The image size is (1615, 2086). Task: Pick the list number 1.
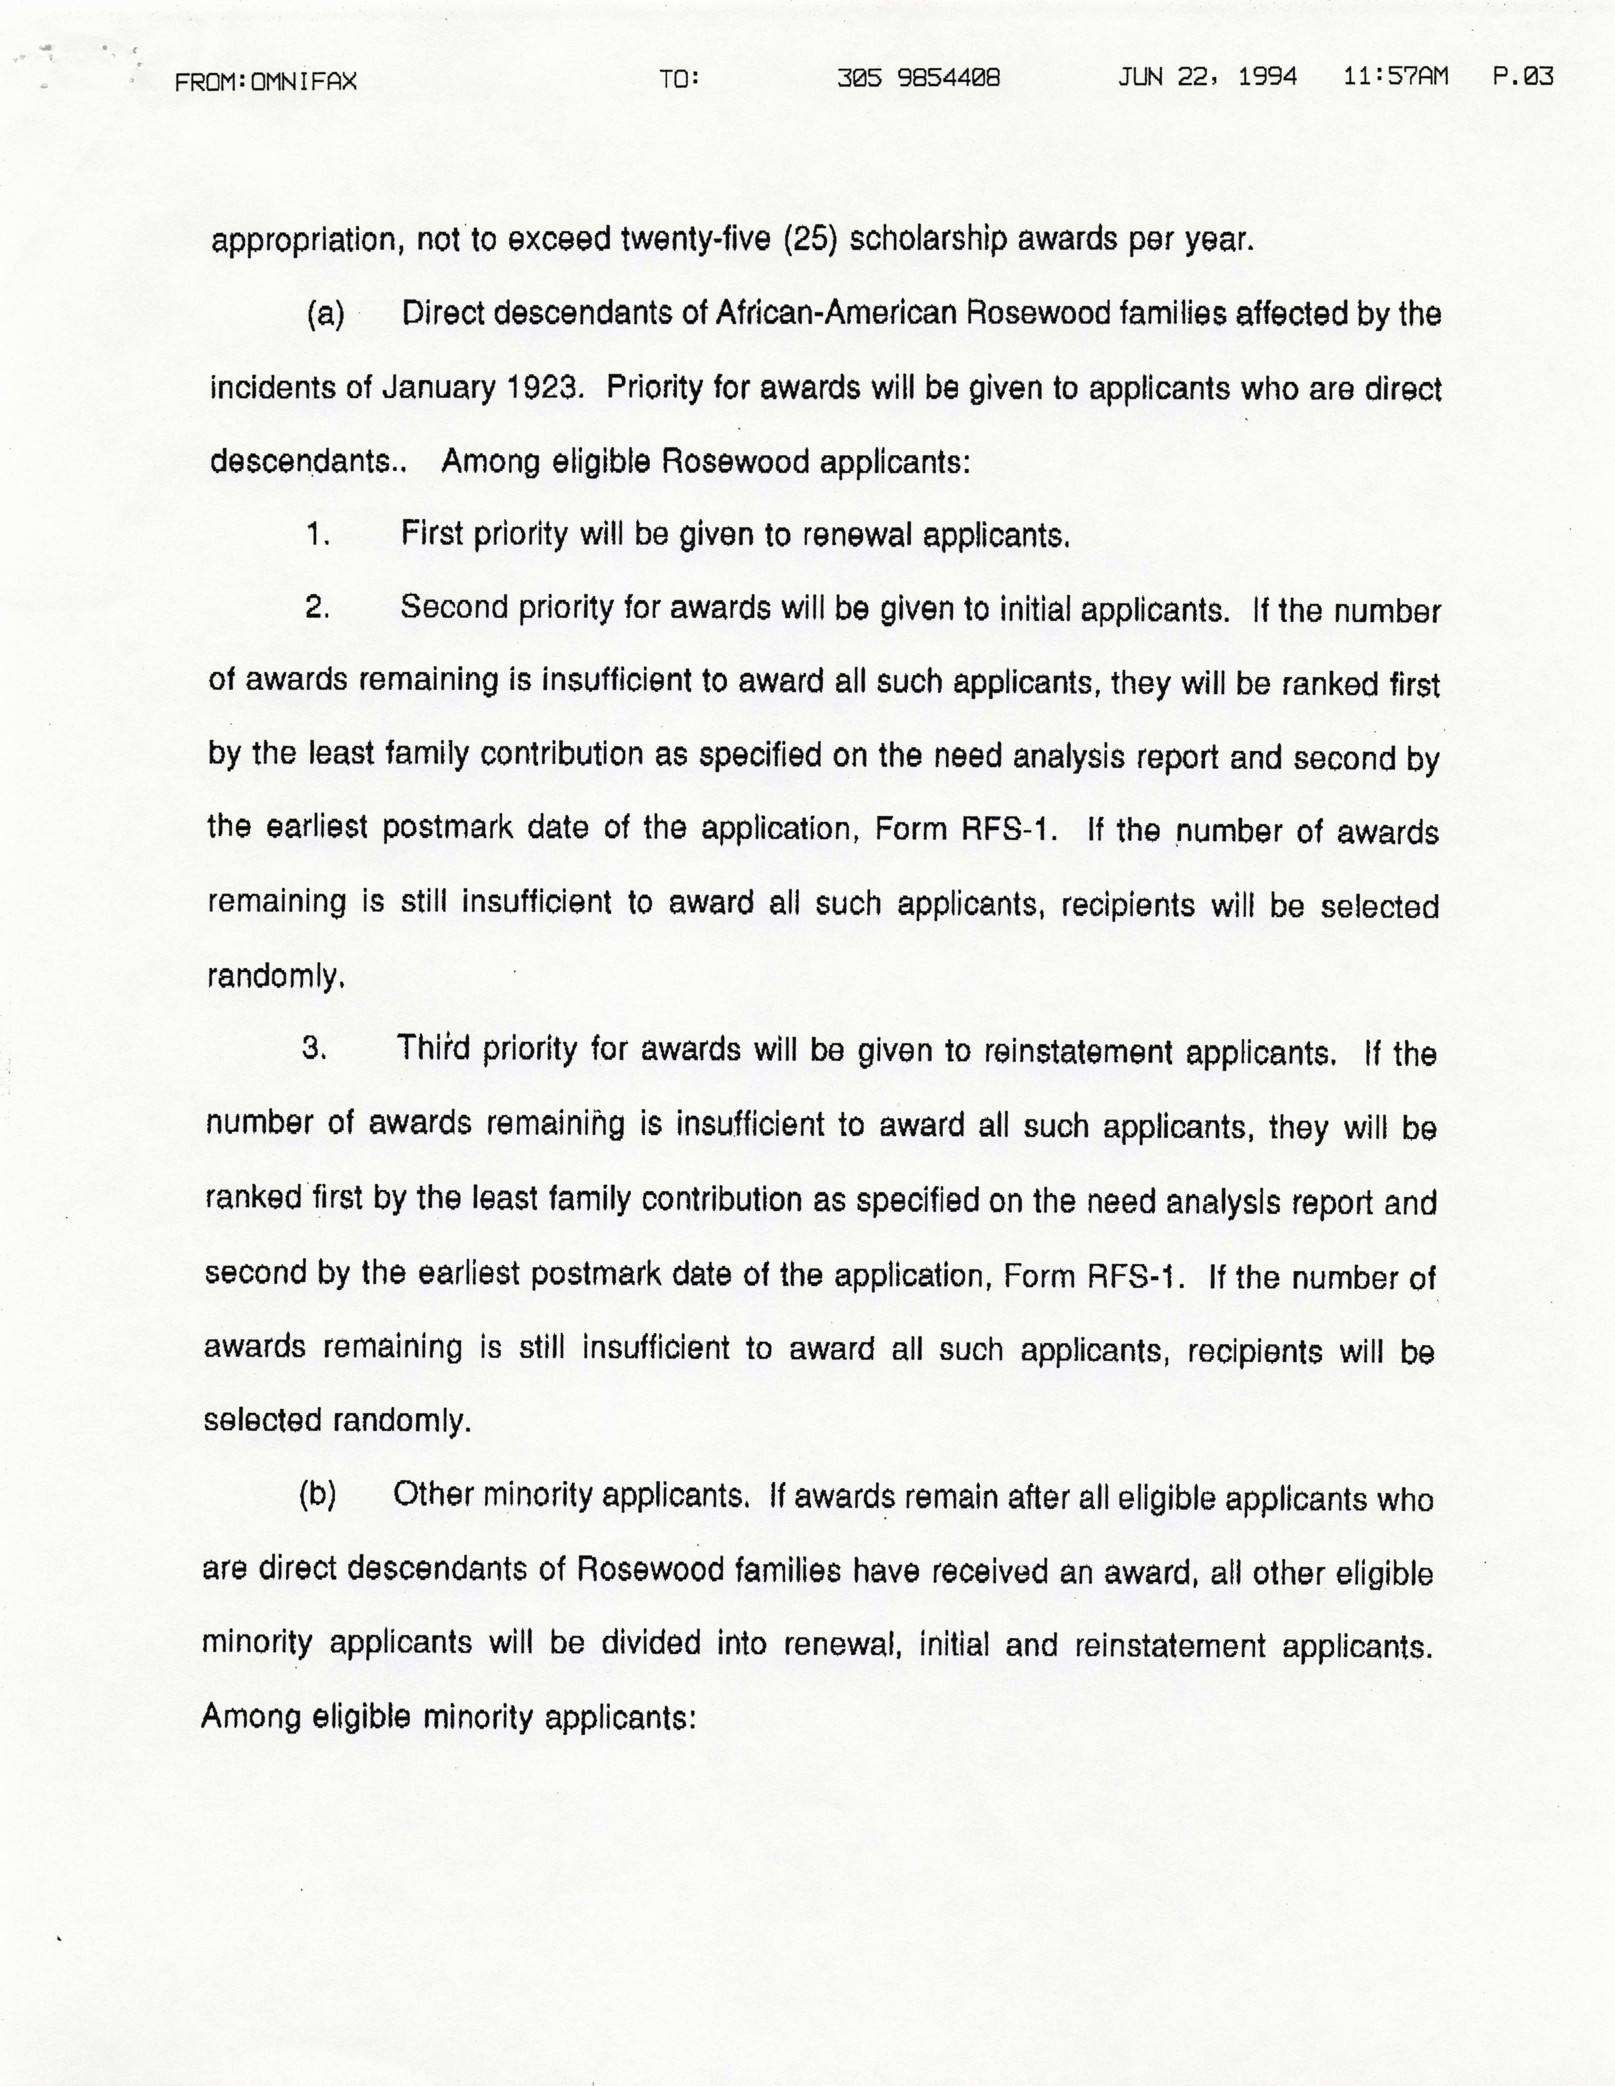[x=318, y=535]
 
